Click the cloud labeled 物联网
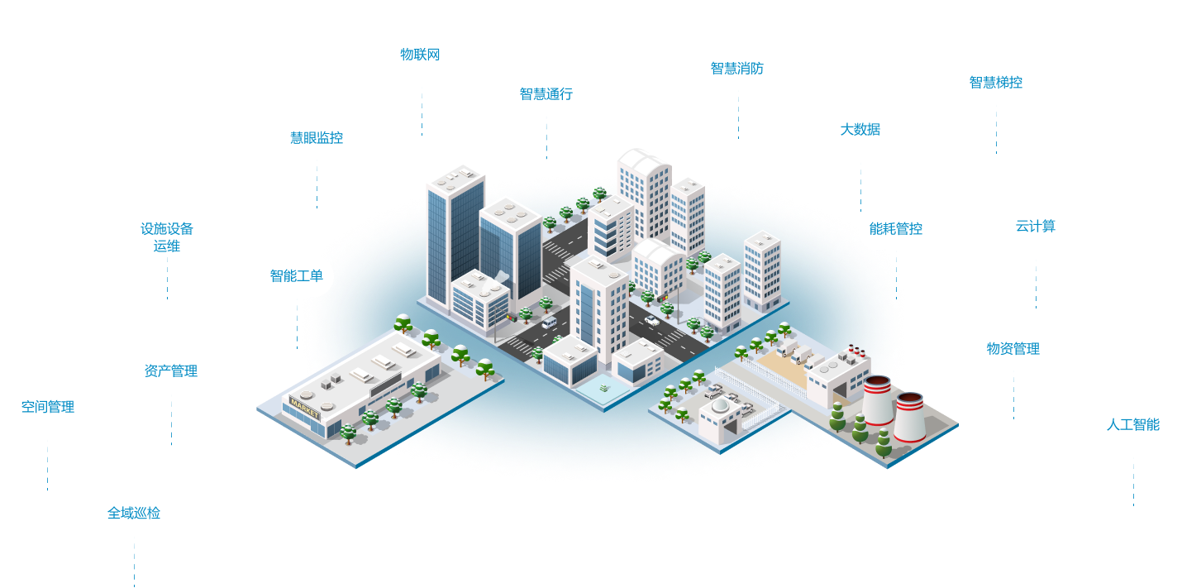420,55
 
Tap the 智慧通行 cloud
546,93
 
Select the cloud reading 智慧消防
742,68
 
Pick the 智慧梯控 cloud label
995,82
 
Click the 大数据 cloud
860,129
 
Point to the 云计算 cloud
1035,226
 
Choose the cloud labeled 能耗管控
895,228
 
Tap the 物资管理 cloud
1013,348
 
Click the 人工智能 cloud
1132,424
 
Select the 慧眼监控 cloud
316,137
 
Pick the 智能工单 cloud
296,275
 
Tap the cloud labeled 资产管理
170,370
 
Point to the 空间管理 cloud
48,406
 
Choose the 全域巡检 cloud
134,512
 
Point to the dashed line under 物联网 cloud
422,111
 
